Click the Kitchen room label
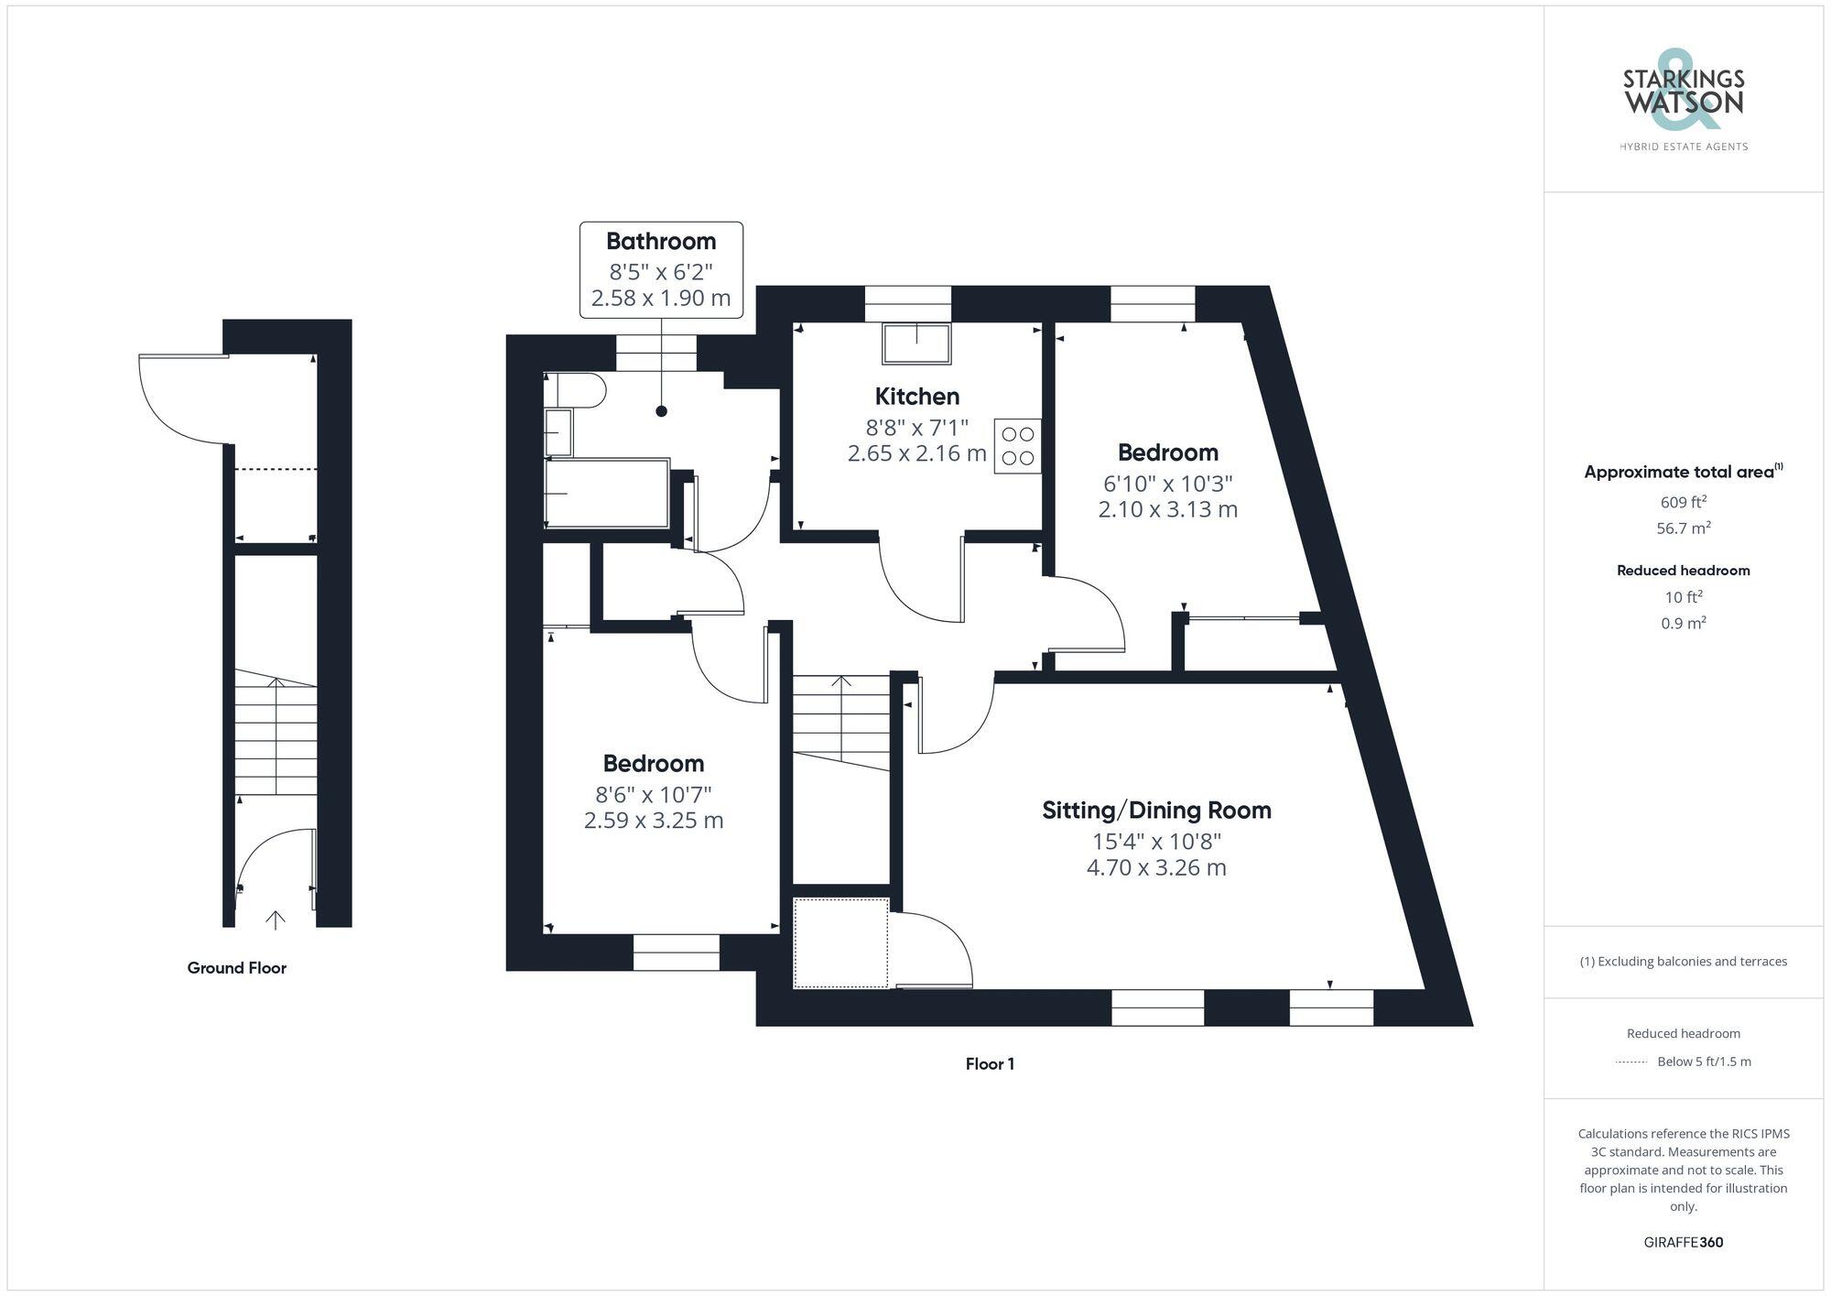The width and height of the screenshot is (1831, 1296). pos(916,397)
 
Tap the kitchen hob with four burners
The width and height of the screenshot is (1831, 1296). pos(1017,446)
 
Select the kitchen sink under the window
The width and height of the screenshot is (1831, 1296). pos(915,343)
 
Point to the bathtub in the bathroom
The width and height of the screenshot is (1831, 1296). pos(607,494)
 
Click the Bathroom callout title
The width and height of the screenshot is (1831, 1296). pos(661,242)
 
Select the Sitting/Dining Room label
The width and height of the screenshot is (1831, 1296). pos(1156,811)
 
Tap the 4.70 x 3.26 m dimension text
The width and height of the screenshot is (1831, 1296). pos(1156,867)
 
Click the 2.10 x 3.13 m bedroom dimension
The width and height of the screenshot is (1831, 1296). pos(1167,509)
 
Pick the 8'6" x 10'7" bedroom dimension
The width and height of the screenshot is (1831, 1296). pos(653,793)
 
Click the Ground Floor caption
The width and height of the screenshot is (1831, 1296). pos(236,968)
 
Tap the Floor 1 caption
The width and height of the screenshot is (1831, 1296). pos(990,1064)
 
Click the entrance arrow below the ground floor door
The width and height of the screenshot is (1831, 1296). pos(276,920)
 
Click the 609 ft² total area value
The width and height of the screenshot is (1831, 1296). pos(1683,502)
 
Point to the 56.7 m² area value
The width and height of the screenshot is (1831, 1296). pos(1683,528)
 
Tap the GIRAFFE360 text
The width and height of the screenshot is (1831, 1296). pos(1683,1243)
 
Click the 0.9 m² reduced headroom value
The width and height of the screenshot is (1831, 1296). pos(1683,624)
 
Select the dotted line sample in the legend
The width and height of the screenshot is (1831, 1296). pos(1631,1062)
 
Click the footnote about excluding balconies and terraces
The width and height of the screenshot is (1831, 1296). pos(1683,962)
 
